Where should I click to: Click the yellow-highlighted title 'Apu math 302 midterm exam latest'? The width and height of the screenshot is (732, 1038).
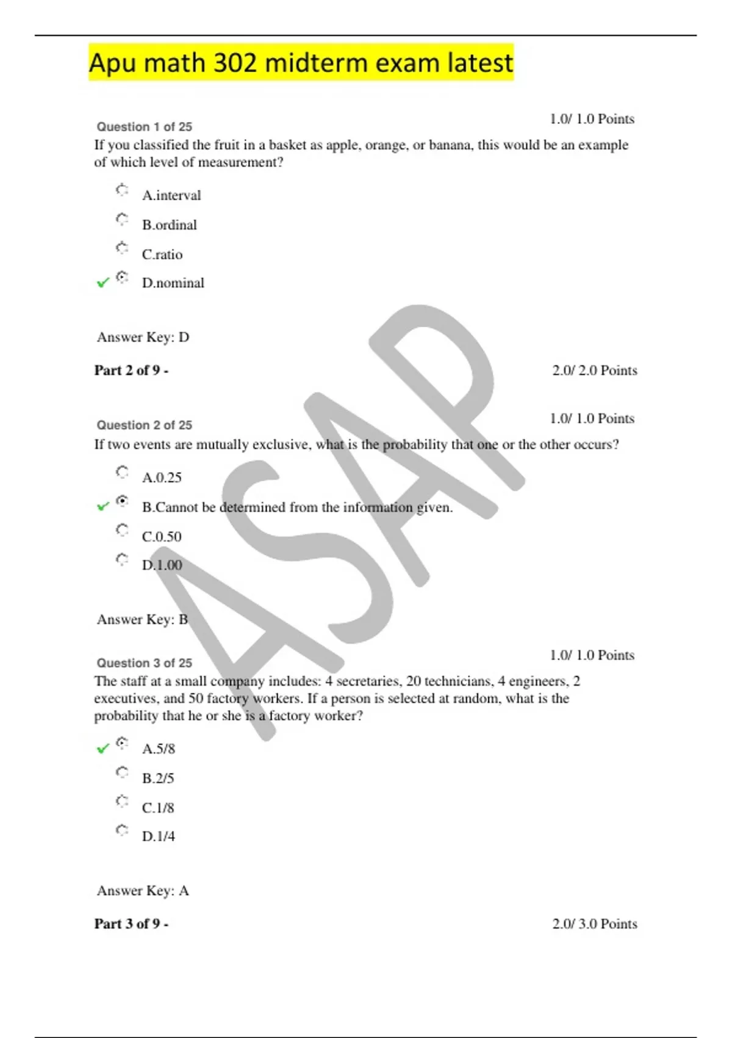(301, 63)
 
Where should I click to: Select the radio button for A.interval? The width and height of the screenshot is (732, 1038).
(122, 190)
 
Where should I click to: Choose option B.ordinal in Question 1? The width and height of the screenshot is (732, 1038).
(169, 225)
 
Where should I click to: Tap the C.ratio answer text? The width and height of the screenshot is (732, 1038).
(162, 254)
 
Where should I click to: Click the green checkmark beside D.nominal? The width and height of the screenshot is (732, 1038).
(103, 282)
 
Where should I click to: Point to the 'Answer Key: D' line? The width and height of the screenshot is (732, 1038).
(143, 337)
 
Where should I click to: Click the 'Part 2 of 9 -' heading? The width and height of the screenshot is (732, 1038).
(131, 370)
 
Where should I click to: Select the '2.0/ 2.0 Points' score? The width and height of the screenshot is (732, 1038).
(594, 370)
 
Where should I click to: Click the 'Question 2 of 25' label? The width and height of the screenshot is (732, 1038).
(144, 425)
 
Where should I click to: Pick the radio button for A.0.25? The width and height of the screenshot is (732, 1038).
(122, 472)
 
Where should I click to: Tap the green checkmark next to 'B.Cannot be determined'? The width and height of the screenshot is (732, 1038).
(103, 506)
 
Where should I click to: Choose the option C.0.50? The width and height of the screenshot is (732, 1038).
(162, 536)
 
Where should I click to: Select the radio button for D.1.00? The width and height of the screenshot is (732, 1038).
(122, 559)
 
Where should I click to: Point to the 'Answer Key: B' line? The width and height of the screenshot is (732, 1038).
(142, 619)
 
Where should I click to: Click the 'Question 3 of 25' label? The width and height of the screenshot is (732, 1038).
(144, 663)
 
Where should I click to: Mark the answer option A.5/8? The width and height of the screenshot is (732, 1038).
(158, 749)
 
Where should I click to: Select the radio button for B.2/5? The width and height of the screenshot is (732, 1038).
(122, 772)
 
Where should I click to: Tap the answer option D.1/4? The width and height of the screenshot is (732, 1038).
(158, 836)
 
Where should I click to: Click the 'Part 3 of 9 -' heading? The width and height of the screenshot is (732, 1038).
(131, 923)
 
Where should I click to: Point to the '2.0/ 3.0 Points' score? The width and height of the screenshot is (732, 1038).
(594, 923)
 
